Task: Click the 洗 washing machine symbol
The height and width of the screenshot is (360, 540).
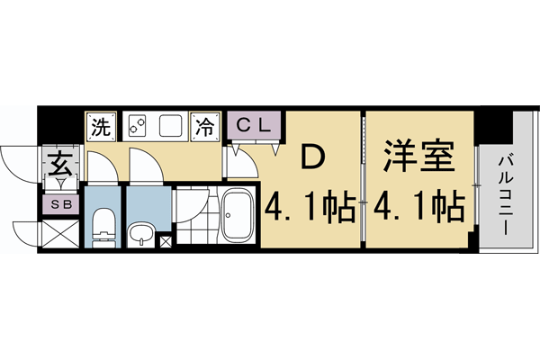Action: point(101,127)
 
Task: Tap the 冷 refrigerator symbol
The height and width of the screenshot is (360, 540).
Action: point(206,127)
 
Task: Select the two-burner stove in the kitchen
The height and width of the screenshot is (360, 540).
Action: point(136,126)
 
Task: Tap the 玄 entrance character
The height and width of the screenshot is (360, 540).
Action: point(60,166)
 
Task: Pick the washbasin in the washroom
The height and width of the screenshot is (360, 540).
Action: point(140,235)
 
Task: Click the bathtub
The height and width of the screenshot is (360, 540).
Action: point(238,215)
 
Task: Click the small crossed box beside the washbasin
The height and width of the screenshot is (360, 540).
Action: point(165,241)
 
